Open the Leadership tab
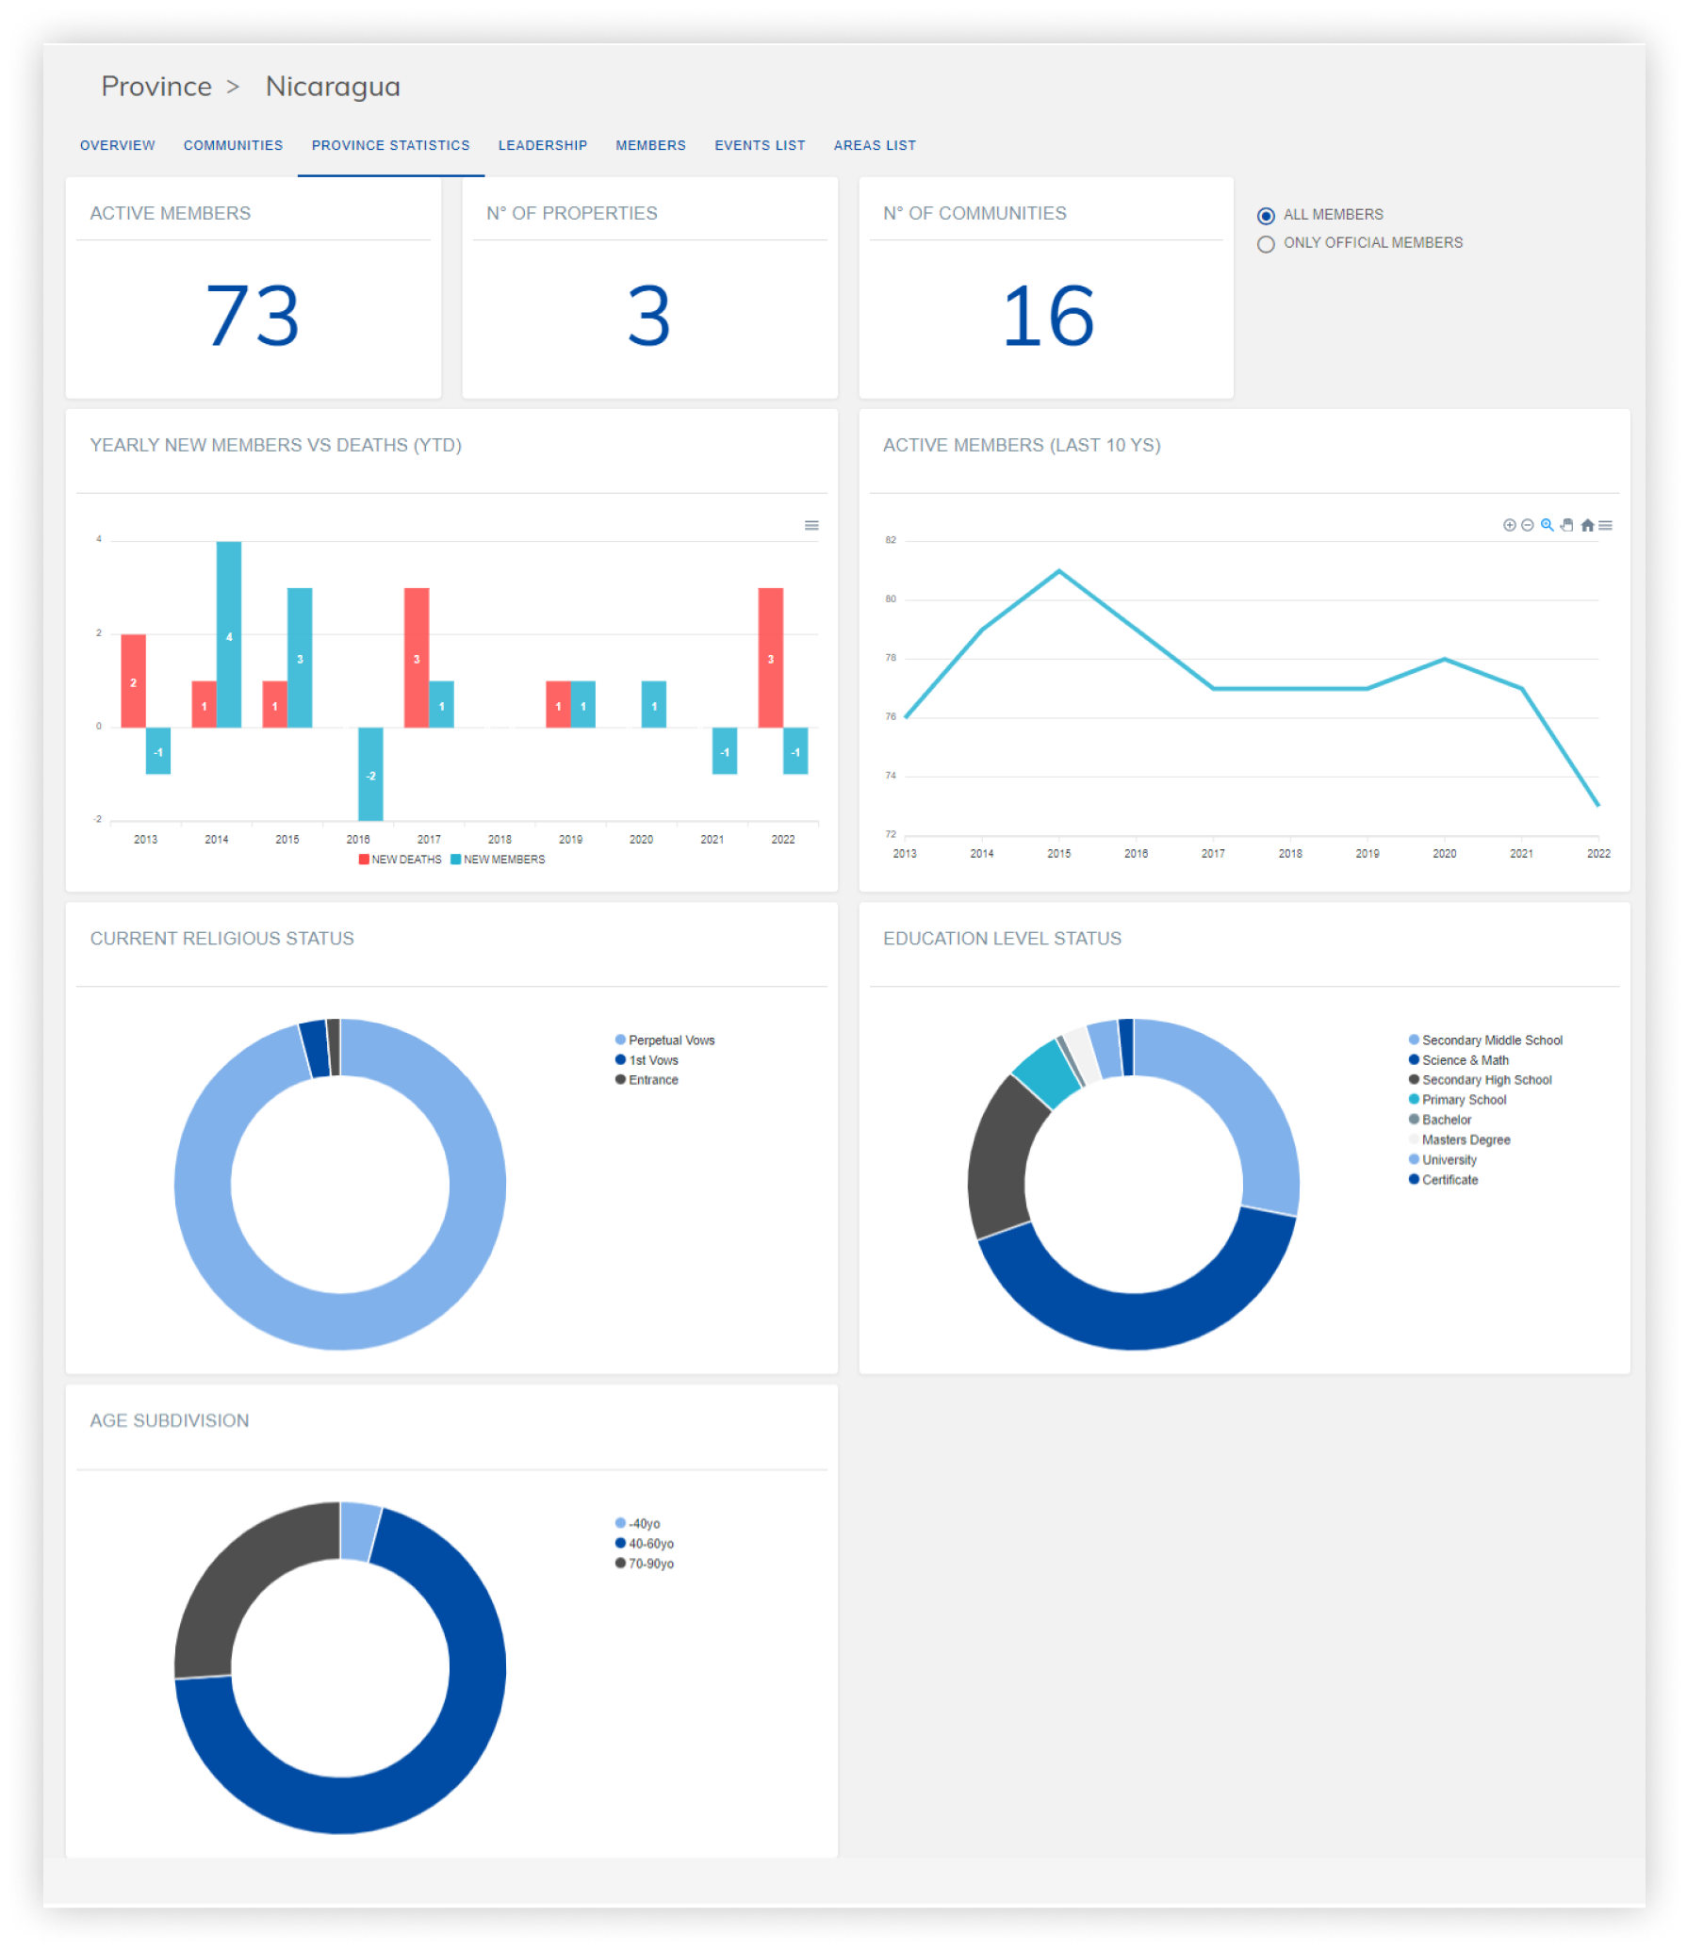click(x=542, y=145)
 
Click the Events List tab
click(x=760, y=145)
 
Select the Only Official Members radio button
click(x=1266, y=244)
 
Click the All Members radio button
click(x=1266, y=216)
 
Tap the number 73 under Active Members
click(x=253, y=317)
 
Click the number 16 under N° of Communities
click(x=1047, y=317)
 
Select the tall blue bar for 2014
click(x=229, y=633)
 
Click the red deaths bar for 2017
click(x=417, y=657)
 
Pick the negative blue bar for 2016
click(x=370, y=773)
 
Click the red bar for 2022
click(x=770, y=657)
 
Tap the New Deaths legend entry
click(x=400, y=860)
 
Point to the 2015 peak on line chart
click(x=1059, y=570)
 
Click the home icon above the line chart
click(x=1587, y=526)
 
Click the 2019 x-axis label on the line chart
click(x=1367, y=853)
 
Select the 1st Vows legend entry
click(x=652, y=1060)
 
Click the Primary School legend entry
click(x=1463, y=1100)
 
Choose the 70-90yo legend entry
click(x=650, y=1564)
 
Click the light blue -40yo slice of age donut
click(x=359, y=1532)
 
